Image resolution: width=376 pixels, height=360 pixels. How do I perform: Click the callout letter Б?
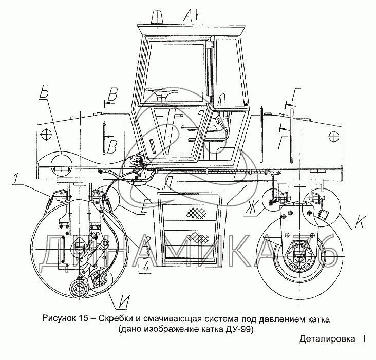pyautogui.click(x=45, y=96)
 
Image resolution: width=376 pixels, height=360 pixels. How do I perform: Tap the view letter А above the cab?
pyautogui.click(x=188, y=16)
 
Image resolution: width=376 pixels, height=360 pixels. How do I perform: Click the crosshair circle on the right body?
pyautogui.click(x=334, y=136)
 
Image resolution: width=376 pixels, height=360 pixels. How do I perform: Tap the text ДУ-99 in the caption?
pyautogui.click(x=239, y=329)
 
